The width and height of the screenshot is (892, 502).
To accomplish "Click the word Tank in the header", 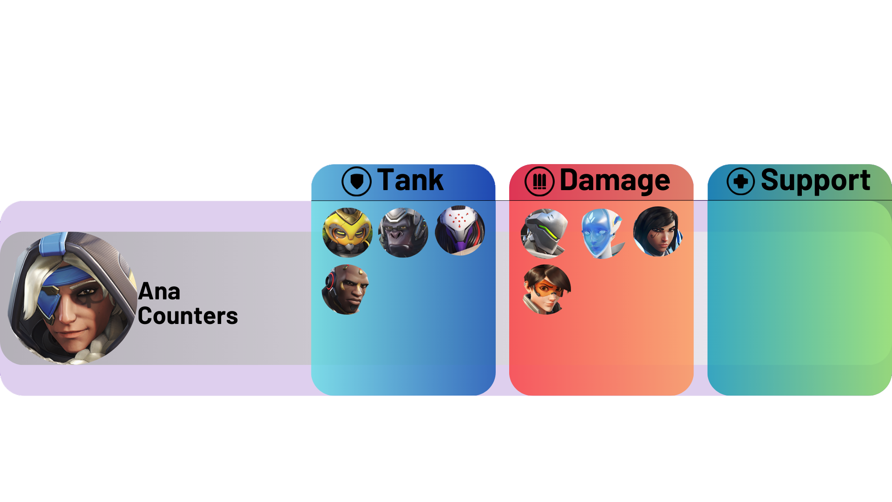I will [x=410, y=180].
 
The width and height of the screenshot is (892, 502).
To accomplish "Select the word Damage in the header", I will [x=615, y=180].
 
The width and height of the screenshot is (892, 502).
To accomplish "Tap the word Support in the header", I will [x=815, y=180].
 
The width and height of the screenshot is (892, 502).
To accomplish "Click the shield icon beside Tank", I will [x=356, y=181].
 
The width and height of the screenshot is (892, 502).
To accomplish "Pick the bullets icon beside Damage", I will [x=539, y=181].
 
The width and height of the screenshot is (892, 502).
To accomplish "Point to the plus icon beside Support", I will [x=741, y=181].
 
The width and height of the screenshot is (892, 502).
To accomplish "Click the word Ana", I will [x=159, y=292].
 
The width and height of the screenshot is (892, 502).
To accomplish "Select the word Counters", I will [x=188, y=317].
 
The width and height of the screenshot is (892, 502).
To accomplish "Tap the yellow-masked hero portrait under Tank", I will [x=348, y=232].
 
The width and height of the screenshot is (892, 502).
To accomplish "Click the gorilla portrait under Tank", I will [x=403, y=232].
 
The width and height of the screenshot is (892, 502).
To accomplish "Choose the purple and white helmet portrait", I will [x=460, y=231].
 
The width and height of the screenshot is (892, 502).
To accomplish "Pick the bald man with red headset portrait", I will [x=346, y=290].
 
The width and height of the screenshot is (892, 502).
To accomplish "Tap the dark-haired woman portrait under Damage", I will [x=658, y=231].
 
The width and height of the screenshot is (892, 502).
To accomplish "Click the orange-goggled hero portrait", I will [x=547, y=290].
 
